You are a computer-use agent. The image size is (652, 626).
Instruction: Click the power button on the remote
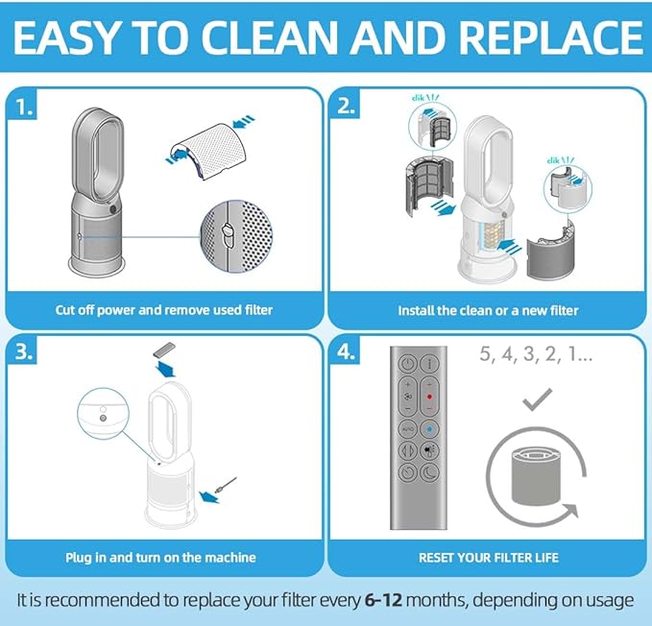tap(407, 363)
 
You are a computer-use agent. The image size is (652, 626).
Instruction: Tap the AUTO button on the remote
tap(407, 428)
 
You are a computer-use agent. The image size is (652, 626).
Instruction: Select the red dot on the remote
tap(429, 397)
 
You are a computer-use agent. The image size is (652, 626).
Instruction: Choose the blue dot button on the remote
tap(429, 428)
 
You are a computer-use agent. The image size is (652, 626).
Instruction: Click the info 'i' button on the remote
tap(429, 363)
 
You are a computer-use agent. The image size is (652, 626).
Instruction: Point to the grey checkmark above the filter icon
tap(537, 399)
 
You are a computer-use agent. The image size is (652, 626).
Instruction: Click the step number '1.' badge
tap(23, 108)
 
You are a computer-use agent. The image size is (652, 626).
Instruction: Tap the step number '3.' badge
tap(24, 352)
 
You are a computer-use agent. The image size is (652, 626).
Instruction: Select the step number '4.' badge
tap(347, 352)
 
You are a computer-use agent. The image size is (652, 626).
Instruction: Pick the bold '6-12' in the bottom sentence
tap(383, 600)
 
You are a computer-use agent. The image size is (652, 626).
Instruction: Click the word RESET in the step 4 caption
tap(436, 558)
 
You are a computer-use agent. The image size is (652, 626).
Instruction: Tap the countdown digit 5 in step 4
tap(485, 353)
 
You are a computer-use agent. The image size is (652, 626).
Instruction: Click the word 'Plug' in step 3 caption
tap(78, 558)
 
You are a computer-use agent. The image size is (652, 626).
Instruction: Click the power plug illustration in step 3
tap(226, 485)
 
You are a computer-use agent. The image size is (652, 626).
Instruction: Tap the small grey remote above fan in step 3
tap(164, 350)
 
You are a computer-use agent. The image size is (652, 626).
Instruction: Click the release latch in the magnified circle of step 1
tap(228, 234)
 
